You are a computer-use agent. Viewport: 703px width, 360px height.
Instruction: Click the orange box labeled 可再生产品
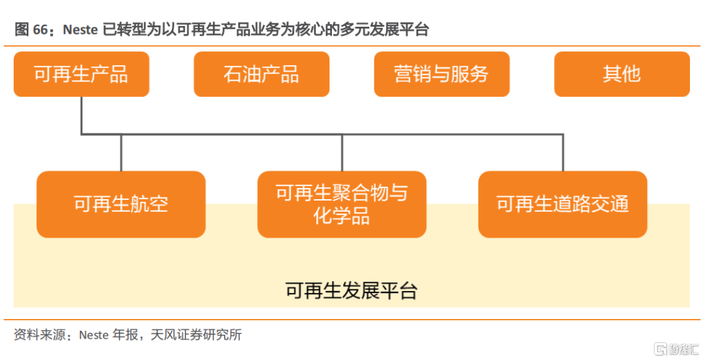(81, 74)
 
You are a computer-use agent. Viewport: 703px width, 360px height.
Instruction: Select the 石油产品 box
(262, 74)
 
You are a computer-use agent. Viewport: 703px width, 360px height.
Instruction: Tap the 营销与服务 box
(441, 74)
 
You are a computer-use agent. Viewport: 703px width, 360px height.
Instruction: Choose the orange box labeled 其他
(622, 74)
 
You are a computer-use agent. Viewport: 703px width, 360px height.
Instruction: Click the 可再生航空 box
(121, 204)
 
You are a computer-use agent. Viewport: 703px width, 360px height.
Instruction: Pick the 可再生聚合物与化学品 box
(342, 204)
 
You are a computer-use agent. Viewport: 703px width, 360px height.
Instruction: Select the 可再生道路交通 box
(562, 204)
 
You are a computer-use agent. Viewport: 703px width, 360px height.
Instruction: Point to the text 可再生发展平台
(351, 290)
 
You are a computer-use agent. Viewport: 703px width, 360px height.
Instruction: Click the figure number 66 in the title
(40, 29)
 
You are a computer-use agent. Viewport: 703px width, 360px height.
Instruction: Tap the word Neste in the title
(80, 29)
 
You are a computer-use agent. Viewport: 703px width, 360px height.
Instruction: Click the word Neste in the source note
(94, 335)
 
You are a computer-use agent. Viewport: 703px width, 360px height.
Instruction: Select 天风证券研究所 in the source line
(196, 335)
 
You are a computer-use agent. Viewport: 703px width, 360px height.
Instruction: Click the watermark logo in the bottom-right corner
(676, 349)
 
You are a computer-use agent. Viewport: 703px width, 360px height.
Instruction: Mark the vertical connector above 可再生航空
(121, 152)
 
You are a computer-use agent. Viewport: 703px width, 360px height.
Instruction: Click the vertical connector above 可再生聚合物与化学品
(342, 152)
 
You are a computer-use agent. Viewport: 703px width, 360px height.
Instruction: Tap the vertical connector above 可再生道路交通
(563, 152)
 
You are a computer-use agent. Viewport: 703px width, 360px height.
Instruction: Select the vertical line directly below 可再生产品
(81, 115)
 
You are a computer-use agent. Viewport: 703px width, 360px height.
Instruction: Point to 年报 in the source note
(126, 335)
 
